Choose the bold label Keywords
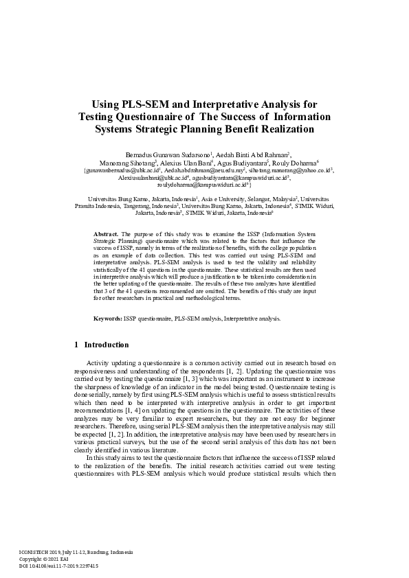pos(108,319)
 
